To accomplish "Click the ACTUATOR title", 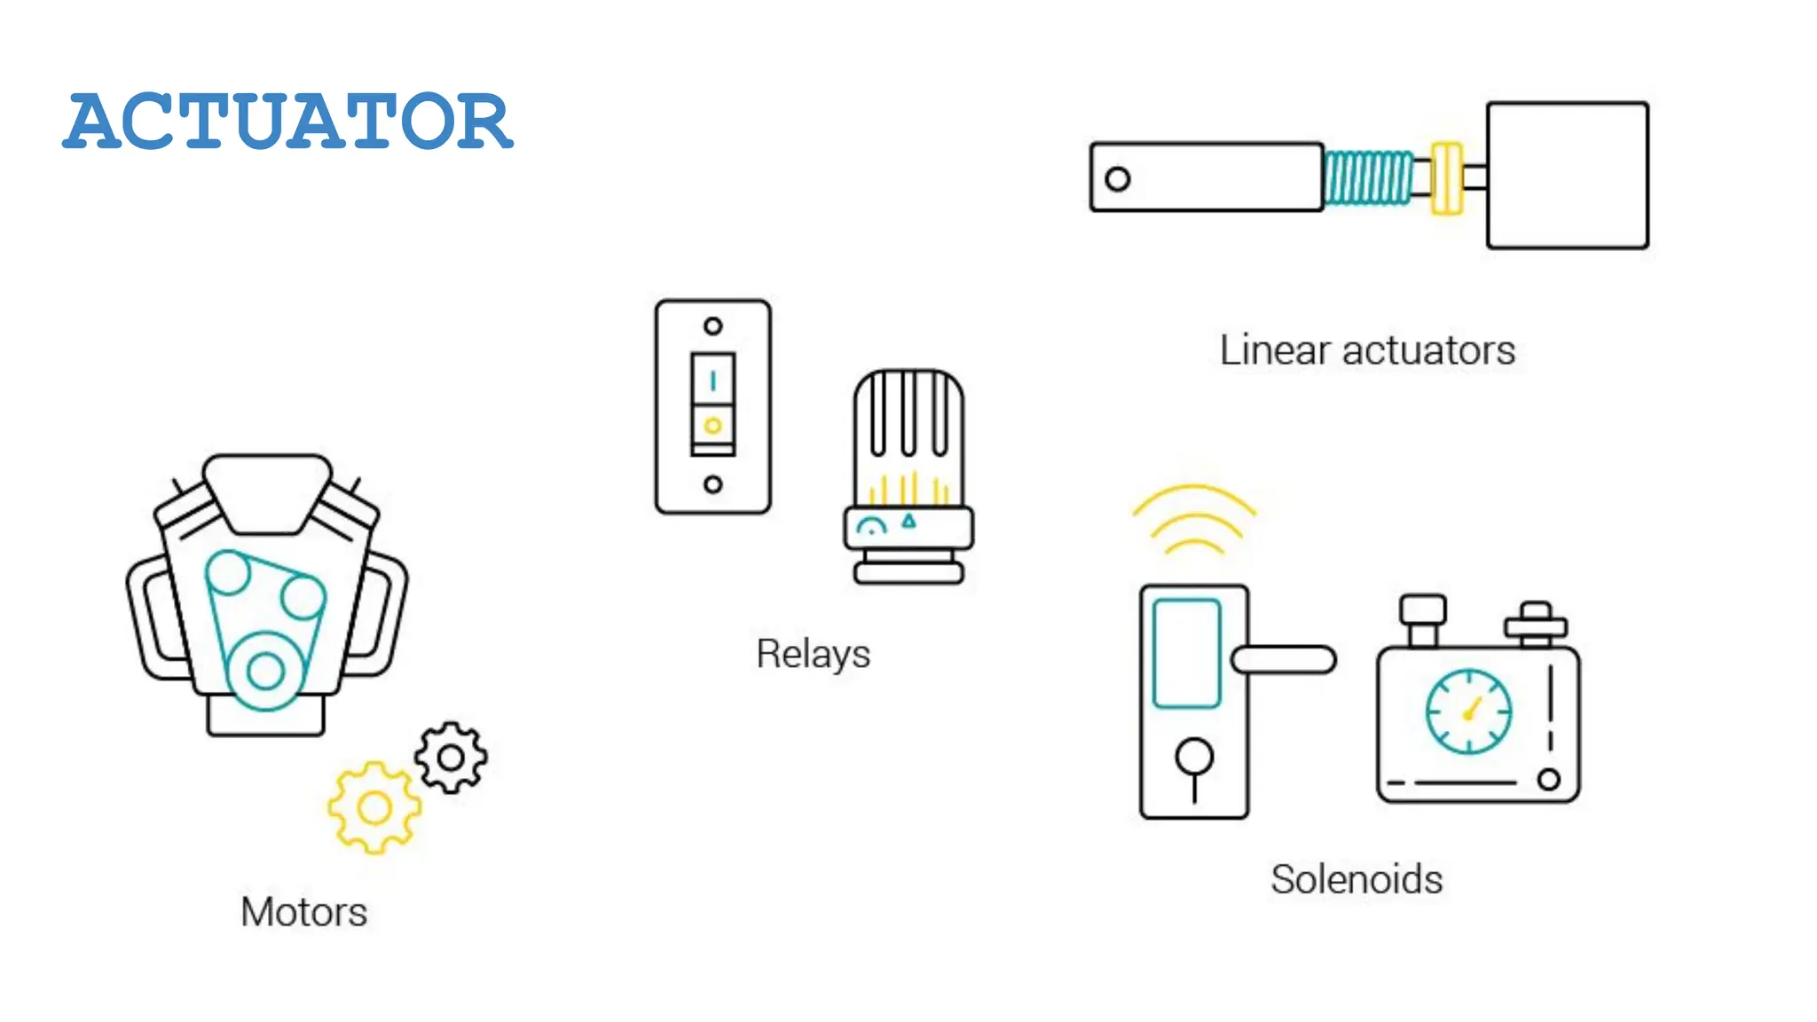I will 287,121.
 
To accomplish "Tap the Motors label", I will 303,912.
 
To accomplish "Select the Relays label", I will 813,654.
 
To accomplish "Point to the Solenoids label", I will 1356,879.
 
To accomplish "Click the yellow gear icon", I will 374,808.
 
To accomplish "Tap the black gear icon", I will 451,758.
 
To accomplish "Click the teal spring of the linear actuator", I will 1367,177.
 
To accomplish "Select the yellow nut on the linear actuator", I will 1446,177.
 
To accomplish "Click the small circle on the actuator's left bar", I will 1118,179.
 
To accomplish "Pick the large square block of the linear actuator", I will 1568,176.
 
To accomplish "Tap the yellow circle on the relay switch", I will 712,426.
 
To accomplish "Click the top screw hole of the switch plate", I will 712,326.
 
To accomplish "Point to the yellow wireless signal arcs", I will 1194,519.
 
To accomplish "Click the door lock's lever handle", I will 1285,659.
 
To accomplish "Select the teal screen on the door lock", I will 1187,654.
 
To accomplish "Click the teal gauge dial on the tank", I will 1468,711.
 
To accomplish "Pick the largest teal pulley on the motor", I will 265,671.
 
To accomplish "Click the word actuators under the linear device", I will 1428,350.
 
